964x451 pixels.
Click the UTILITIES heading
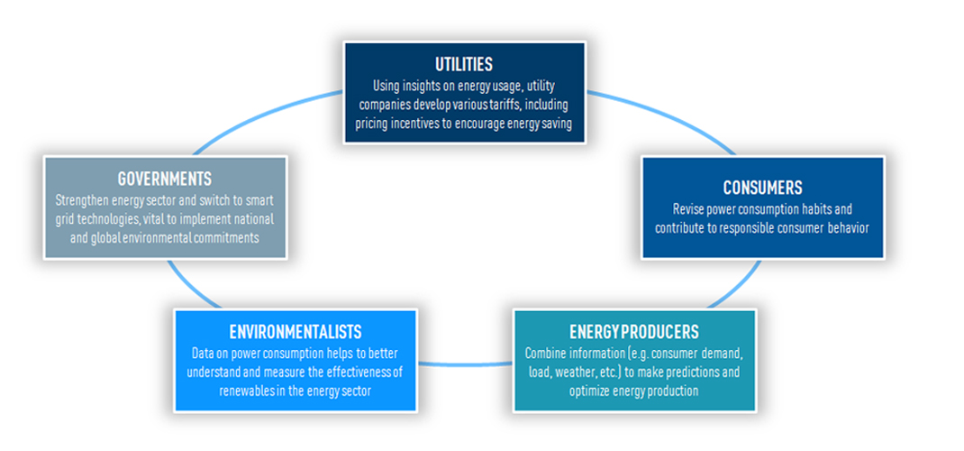click(x=464, y=66)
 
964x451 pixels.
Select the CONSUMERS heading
click(x=762, y=188)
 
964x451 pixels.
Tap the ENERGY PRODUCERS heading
click(x=633, y=332)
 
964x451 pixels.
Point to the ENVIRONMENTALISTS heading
click(x=296, y=333)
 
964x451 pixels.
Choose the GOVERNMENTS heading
click(x=164, y=179)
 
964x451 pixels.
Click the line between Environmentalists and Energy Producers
click(x=465, y=364)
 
